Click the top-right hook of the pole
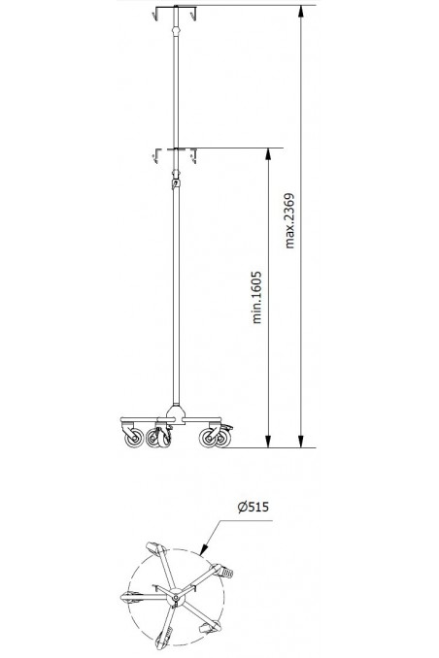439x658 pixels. click(194, 14)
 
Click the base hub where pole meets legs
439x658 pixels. click(176, 415)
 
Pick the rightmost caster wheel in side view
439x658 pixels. click(210, 439)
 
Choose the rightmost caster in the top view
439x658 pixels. click(224, 573)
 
